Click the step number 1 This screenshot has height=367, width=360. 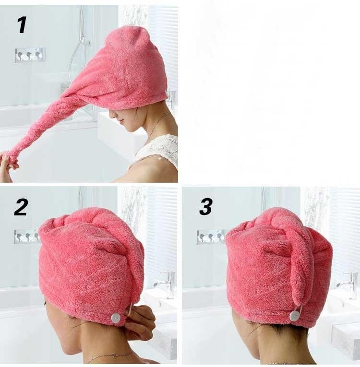[22, 25]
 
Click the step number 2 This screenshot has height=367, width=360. [21, 207]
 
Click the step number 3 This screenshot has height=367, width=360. [206, 206]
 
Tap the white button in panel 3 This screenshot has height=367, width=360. [295, 316]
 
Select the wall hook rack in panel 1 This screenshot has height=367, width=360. [30, 55]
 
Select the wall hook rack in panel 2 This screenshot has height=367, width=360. [26, 237]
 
